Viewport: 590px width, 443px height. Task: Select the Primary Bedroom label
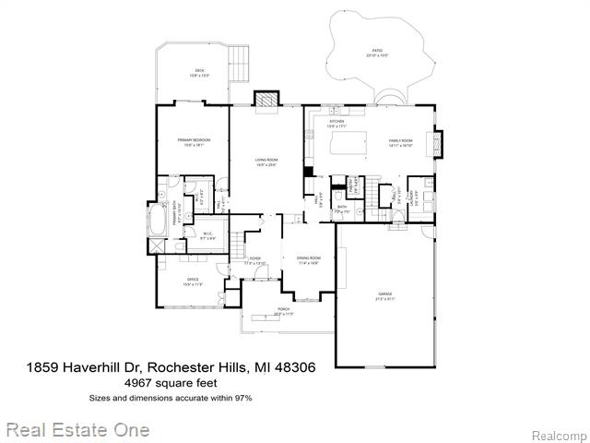point(192,139)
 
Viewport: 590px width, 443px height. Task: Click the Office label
point(193,281)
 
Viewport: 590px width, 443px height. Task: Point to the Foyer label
point(254,259)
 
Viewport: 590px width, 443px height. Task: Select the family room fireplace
point(438,144)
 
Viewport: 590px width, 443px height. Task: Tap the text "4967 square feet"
point(170,383)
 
